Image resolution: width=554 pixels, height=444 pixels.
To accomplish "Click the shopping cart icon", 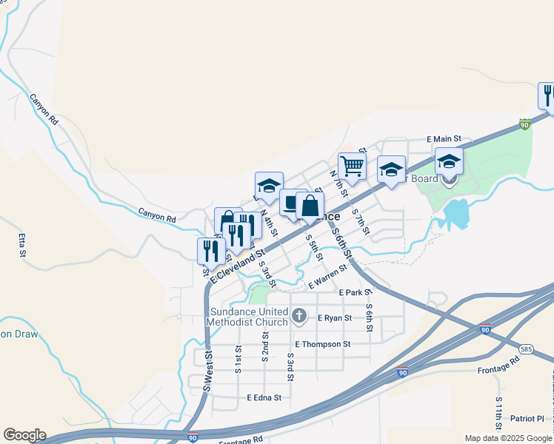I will coord(352,166).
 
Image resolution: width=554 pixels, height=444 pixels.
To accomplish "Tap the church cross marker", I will coord(299,317).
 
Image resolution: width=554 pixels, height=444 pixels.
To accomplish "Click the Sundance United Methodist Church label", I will coord(247,317).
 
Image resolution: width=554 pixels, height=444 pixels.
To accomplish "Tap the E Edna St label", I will coord(264,397).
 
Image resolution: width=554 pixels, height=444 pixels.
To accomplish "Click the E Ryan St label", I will coord(338,317).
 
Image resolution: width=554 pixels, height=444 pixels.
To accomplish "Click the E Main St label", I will coord(444,138).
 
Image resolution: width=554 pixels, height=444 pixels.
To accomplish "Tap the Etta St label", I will coord(21,246).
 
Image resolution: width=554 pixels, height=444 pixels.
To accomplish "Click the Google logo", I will coord(24,435).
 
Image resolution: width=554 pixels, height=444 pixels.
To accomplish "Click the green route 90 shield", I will coord(525,124).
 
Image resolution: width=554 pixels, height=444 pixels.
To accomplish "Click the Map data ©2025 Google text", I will coord(507,438).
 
